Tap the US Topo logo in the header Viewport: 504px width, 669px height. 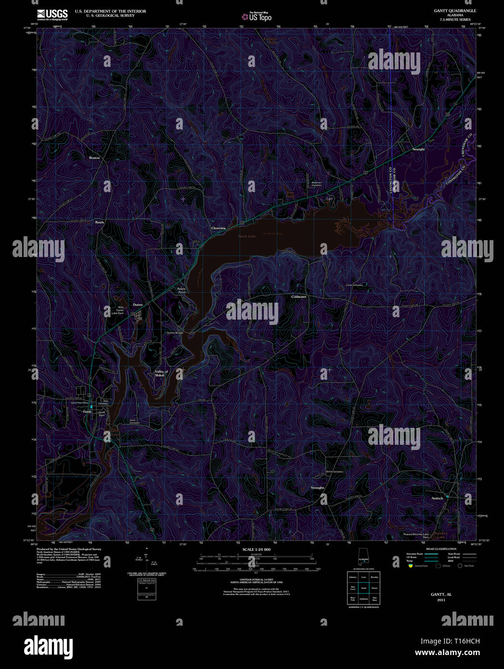[257, 17]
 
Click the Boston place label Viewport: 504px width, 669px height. [94, 158]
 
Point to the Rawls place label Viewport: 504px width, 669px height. [99, 222]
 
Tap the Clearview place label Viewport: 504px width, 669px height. [219, 228]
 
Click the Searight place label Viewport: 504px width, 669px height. [418, 149]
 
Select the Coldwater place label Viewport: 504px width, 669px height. [298, 297]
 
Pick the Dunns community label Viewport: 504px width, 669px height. [138, 305]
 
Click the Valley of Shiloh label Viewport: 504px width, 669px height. [161, 373]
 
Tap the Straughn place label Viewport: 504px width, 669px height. [317, 488]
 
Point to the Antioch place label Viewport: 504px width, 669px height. [437, 498]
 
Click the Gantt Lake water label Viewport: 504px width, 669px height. [247, 236]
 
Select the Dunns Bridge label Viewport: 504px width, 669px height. [175, 333]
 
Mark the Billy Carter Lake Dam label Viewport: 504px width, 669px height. [117, 310]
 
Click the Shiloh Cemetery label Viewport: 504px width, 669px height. [335, 472]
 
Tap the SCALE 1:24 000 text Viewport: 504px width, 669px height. [257, 550]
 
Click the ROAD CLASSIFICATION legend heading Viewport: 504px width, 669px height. [441, 549]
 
